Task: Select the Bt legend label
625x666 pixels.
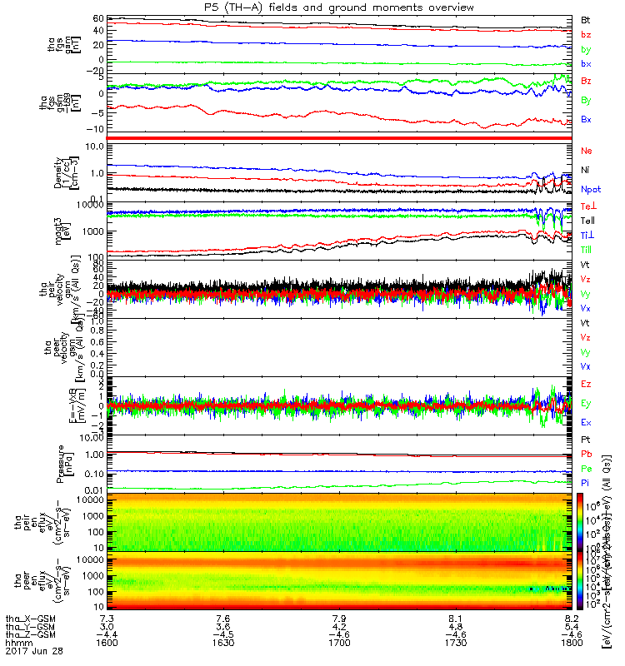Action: pos(586,19)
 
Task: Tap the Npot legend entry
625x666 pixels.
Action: pos(590,190)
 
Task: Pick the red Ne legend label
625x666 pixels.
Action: pos(587,151)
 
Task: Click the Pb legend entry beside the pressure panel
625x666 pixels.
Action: pos(587,454)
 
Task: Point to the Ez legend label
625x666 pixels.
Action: pos(587,383)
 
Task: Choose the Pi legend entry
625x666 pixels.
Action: pos(586,483)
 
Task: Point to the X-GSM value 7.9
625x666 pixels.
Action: pos(338,619)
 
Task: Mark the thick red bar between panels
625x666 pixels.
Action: pos(338,137)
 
